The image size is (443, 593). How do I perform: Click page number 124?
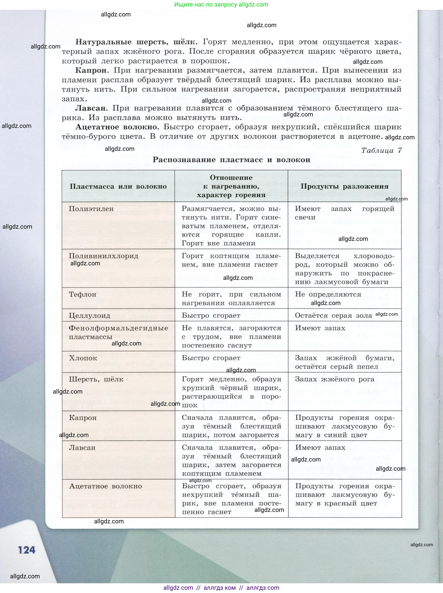pyautogui.click(x=27, y=550)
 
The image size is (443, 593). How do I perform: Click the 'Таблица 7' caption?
pyautogui.click(x=381, y=150)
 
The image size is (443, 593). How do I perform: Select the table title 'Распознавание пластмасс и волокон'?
pyautogui.click(x=231, y=160)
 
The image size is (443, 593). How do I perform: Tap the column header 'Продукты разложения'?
pyautogui.click(x=344, y=186)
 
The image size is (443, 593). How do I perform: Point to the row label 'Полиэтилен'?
pyautogui.click(x=91, y=209)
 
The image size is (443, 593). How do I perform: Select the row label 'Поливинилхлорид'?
pyautogui.click(x=103, y=256)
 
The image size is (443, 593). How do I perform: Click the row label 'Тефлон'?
pyautogui.click(x=82, y=294)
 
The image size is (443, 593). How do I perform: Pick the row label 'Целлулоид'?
pyautogui.click(x=89, y=315)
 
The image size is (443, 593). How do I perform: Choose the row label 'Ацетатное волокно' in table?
pyautogui.click(x=105, y=486)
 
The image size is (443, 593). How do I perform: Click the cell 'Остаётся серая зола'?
pyautogui.click(x=333, y=315)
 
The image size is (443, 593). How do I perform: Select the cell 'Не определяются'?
pyautogui.click(x=328, y=294)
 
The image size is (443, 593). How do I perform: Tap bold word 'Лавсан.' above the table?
pyautogui.click(x=91, y=108)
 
